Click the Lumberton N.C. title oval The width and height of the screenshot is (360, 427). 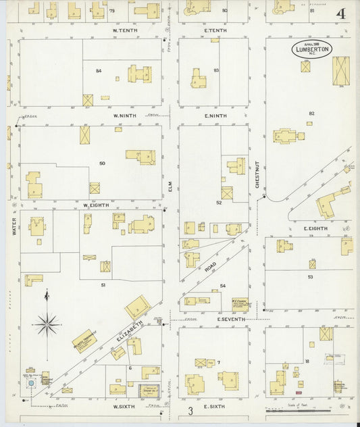pos(312,49)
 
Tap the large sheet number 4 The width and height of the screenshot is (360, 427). pos(341,14)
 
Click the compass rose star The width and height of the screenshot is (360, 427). pos(47,325)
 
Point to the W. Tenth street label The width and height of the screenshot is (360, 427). pos(125,31)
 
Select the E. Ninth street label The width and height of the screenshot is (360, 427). pos(215,116)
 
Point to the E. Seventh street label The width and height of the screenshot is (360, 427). pos(230,319)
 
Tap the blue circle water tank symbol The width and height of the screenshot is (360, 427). pos(30,383)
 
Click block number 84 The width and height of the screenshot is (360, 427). pos(99,70)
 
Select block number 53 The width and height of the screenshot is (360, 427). pos(310,276)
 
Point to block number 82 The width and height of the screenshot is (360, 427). pos(311,113)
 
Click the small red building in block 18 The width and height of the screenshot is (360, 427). pos(299,391)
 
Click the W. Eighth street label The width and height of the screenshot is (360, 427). pos(97,204)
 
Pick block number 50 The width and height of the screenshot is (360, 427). pos(102,164)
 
